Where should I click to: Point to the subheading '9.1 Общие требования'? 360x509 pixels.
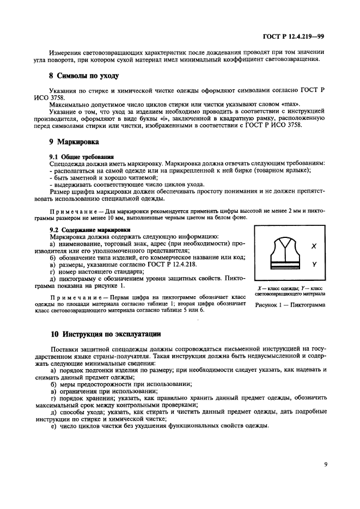click(77, 156)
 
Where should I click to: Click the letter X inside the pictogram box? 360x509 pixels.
click(314, 246)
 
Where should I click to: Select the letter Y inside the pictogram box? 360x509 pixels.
click(314, 264)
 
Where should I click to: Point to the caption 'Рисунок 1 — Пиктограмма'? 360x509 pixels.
click(290, 305)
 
